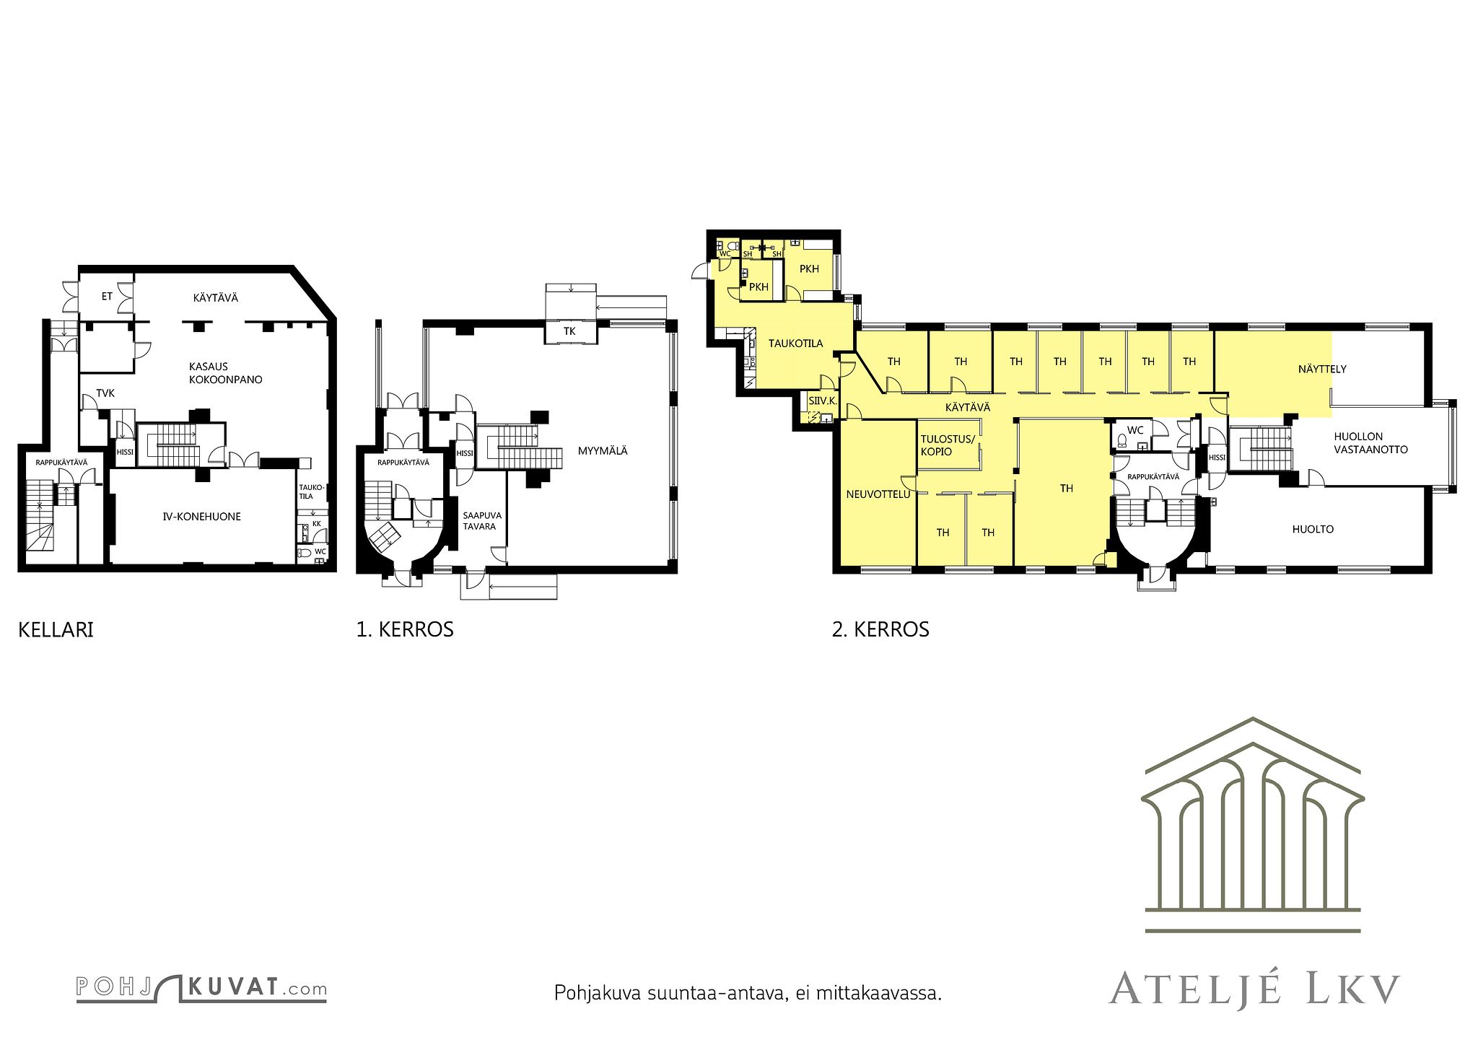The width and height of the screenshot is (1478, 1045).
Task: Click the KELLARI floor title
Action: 56,630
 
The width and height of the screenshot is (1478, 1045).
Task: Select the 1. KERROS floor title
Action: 405,630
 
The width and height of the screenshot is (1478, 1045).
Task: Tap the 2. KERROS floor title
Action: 880,630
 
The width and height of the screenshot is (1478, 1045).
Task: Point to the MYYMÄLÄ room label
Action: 603,451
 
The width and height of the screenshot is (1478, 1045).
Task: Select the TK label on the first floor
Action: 570,331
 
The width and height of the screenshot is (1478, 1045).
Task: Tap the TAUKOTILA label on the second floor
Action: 795,344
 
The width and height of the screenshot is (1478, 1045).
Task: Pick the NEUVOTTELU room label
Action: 878,494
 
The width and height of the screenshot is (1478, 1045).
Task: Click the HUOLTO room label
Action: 1313,529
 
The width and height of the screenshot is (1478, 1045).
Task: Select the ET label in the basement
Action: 107,296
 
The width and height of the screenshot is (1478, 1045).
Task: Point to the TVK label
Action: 105,393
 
